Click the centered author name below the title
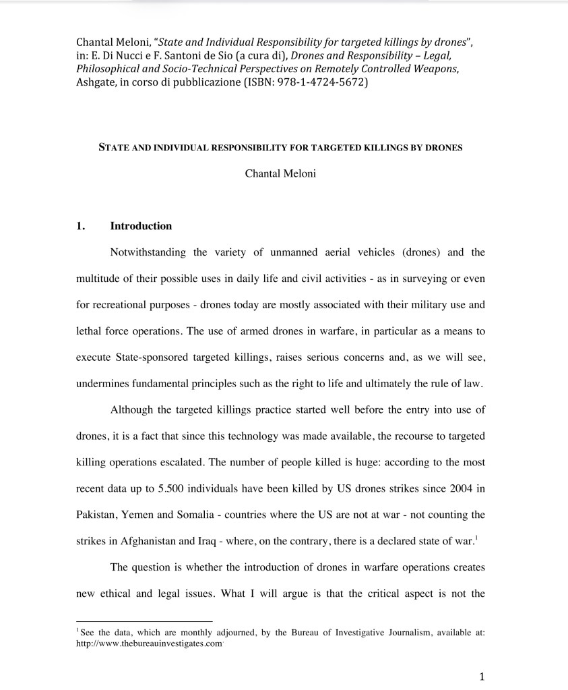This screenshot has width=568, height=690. [x=280, y=173]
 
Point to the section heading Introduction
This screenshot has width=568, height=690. [x=141, y=226]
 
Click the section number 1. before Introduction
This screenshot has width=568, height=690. [x=81, y=226]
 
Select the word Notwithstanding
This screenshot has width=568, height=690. [x=147, y=253]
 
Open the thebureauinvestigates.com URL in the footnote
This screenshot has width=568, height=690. [x=149, y=643]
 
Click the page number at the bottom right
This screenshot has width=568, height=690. [x=481, y=677]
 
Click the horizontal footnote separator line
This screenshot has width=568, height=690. [x=144, y=621]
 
